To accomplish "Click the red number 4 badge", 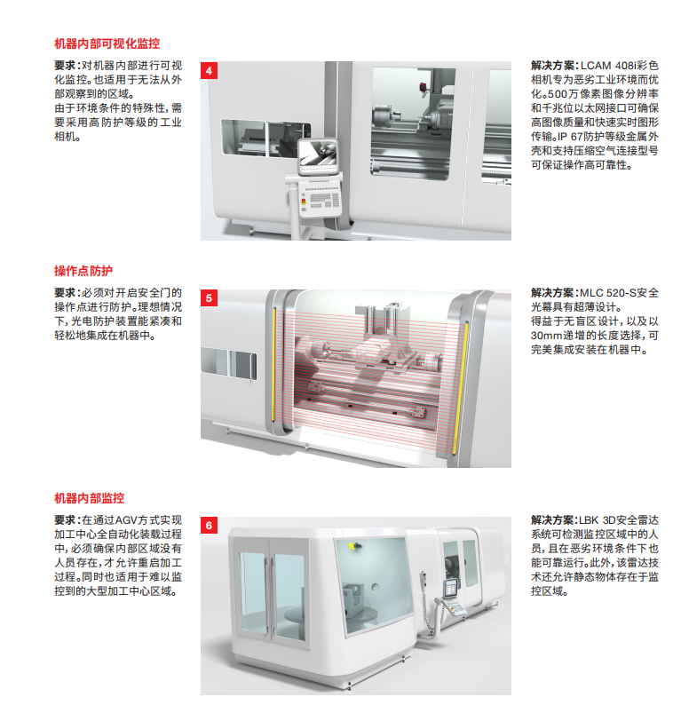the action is click(x=209, y=70).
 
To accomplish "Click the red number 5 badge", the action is click(x=209, y=298).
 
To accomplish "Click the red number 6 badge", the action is click(x=209, y=525).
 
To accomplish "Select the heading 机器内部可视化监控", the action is click(x=107, y=44).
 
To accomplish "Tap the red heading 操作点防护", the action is click(x=83, y=271).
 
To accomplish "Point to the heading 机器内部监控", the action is click(x=89, y=498).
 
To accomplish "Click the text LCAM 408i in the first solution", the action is click(x=607, y=66).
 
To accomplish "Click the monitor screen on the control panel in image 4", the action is click(x=318, y=154).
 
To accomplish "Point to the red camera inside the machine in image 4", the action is click(x=424, y=88).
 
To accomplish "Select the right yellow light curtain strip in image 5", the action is click(x=462, y=386).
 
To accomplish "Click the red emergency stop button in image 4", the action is click(x=304, y=201).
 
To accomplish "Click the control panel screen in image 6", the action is click(x=451, y=588).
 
